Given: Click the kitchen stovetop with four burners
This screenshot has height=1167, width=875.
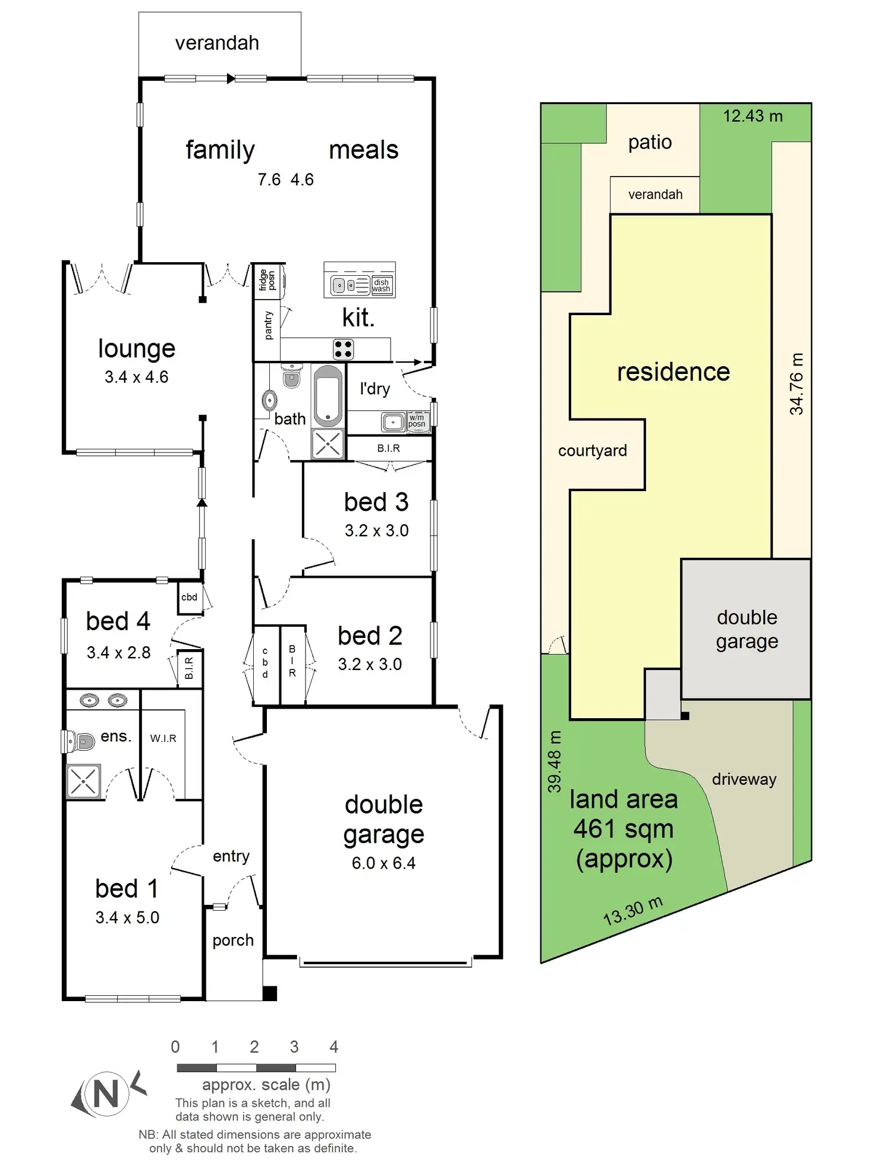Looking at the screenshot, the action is (x=343, y=349).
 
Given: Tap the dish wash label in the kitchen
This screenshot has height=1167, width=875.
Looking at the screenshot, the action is (x=381, y=286).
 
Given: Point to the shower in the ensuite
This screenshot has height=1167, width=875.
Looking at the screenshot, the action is (x=83, y=781).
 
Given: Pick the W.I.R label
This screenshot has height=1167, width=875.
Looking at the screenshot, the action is (x=163, y=738).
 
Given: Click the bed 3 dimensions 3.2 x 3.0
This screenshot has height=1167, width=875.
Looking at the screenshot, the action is (x=376, y=530).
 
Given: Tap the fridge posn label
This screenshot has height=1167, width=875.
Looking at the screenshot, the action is (x=267, y=280).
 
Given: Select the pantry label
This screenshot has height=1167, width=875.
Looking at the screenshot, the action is (x=268, y=325).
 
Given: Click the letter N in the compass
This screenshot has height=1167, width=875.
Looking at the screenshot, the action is (x=106, y=1093).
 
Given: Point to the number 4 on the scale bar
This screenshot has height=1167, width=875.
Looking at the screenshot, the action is (x=334, y=1047).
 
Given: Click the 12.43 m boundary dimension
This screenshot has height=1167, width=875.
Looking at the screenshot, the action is (x=753, y=116).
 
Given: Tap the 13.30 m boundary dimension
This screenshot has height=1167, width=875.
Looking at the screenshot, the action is (x=632, y=910).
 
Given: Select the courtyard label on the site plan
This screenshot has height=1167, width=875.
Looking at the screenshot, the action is (x=592, y=451).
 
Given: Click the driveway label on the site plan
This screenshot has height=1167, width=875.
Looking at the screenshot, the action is (x=744, y=779).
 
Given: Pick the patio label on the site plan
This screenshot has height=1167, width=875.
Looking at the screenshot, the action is (x=650, y=142).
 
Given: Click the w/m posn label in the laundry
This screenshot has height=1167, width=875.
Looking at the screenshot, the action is (x=417, y=421).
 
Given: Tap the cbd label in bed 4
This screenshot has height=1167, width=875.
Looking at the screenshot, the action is (x=189, y=597).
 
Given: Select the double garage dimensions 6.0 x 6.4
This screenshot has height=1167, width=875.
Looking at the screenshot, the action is (x=383, y=863).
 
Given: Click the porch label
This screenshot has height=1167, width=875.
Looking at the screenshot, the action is (x=233, y=940).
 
